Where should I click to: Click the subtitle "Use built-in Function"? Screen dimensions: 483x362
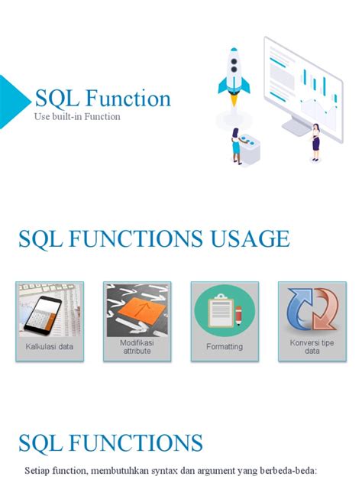click(77, 117)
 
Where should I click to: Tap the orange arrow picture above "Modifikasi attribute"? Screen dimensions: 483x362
click(137, 310)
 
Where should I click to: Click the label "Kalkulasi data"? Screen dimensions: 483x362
click(50, 346)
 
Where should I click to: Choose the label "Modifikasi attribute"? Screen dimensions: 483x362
click(137, 346)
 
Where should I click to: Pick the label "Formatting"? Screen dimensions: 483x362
click(225, 346)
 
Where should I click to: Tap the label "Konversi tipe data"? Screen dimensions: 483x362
click(312, 347)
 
